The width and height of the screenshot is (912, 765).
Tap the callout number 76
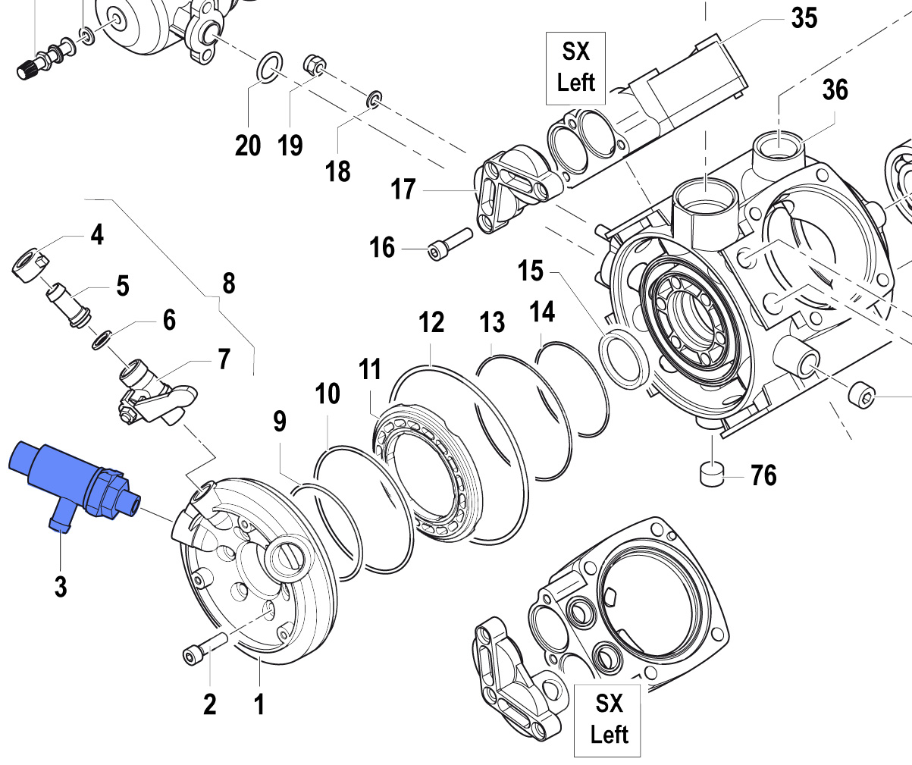click(763, 475)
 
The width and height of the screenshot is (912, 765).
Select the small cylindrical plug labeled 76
click(712, 473)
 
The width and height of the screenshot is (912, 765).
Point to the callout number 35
click(804, 17)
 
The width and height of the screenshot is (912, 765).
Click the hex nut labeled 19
click(314, 64)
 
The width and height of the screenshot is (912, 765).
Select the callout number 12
click(431, 323)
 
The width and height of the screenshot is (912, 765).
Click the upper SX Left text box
click(576, 67)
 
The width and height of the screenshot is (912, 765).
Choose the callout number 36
click(835, 90)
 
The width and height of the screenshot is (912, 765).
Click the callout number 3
click(60, 586)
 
